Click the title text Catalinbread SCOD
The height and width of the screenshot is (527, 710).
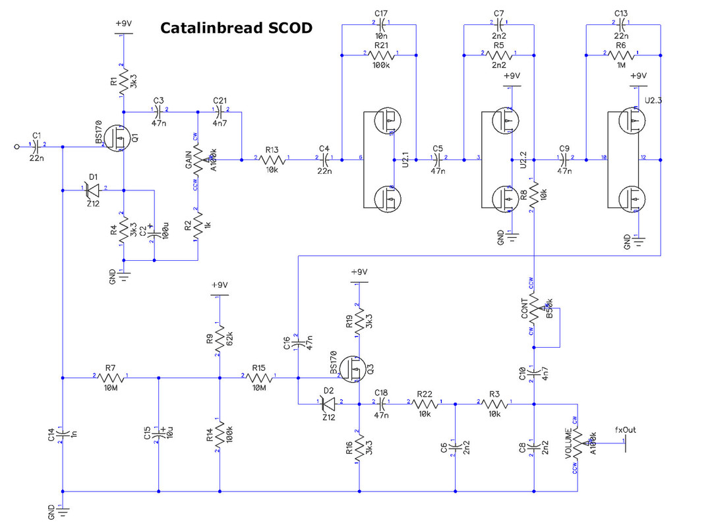point(235,28)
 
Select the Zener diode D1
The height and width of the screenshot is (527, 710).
point(93,190)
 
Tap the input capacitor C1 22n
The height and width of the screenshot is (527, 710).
point(36,145)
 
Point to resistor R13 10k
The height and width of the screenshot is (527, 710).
point(273,159)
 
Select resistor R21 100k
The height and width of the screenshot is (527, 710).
point(380,55)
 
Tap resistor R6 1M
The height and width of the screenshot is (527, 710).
point(620,55)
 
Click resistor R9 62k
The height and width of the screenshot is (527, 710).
point(219,337)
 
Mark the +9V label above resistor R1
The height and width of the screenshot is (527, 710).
point(123,23)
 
